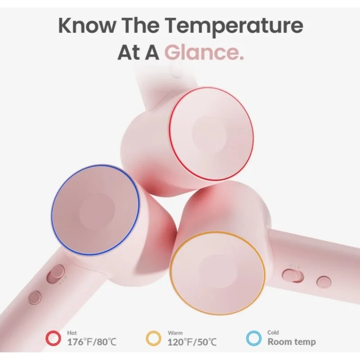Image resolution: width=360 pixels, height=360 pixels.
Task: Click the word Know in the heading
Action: [x=87, y=25]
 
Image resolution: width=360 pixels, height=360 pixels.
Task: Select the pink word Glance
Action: [x=204, y=52]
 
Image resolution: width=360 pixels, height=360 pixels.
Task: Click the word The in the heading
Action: [x=140, y=25]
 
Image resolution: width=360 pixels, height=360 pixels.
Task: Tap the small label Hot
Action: [x=72, y=333]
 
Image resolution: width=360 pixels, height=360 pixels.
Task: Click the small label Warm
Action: [x=175, y=333]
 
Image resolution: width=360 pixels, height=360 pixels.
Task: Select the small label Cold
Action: [x=273, y=332]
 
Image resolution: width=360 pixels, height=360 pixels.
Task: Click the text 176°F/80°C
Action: [x=92, y=342]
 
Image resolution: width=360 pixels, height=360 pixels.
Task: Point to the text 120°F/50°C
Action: [x=192, y=342]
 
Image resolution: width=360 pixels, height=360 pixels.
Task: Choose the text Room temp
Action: [x=292, y=342]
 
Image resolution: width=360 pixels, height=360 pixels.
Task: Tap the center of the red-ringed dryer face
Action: [x=211, y=134]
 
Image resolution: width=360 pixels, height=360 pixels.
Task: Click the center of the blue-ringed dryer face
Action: [x=95, y=210]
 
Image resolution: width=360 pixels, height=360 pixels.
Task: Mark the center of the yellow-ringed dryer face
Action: [x=217, y=273]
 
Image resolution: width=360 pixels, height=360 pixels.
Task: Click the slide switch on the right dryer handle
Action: [x=293, y=275]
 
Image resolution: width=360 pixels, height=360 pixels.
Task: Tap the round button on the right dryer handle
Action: [x=324, y=282]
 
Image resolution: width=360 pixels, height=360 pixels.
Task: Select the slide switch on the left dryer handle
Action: [x=55, y=274]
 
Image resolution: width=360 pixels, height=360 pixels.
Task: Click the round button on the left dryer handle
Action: [x=35, y=297]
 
